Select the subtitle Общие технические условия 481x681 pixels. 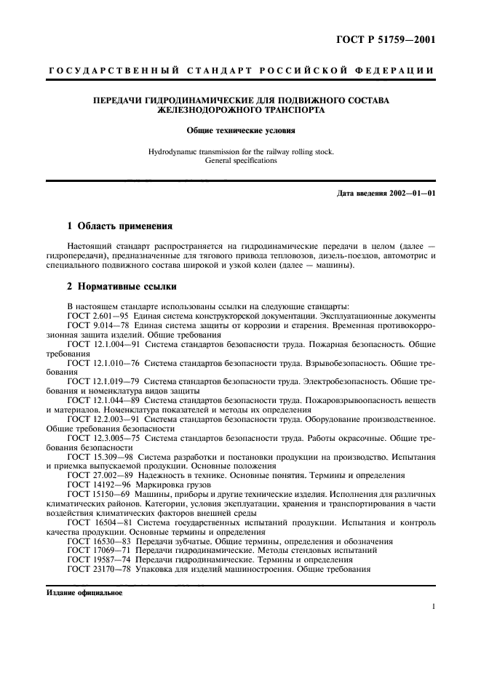point(241,132)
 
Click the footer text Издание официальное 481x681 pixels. point(84,593)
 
